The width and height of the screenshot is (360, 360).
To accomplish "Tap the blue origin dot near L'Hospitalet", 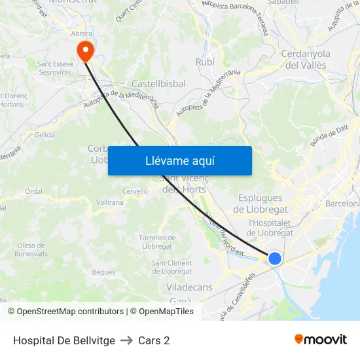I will pyautogui.click(x=275, y=259).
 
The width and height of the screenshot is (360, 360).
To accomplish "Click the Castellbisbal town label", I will pyautogui.click(x=158, y=84).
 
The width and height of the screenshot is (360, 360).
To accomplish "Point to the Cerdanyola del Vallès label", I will pyautogui.click(x=305, y=59).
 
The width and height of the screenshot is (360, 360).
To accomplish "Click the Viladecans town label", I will pyautogui.click(x=189, y=287).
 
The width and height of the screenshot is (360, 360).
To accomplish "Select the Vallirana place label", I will pyautogui.click(x=109, y=202).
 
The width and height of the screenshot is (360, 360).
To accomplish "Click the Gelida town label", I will pyautogui.click(x=45, y=134).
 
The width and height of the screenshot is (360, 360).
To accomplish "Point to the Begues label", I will pyautogui.click(x=103, y=272).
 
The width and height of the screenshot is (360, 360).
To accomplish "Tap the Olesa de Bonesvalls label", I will pyautogui.click(x=31, y=249).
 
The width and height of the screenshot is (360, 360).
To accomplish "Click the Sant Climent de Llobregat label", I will pyautogui.click(x=171, y=267).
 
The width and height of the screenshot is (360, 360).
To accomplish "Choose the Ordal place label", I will pyautogui.click(x=33, y=192).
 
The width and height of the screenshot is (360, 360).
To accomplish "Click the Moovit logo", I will pyautogui.click(x=321, y=340).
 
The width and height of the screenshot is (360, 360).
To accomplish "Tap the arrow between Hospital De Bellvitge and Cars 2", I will pyautogui.click(x=126, y=340).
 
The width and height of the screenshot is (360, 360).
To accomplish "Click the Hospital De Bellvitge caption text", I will pyautogui.click(x=64, y=340).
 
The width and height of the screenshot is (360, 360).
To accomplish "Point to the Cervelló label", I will pyautogui.click(x=135, y=191).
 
